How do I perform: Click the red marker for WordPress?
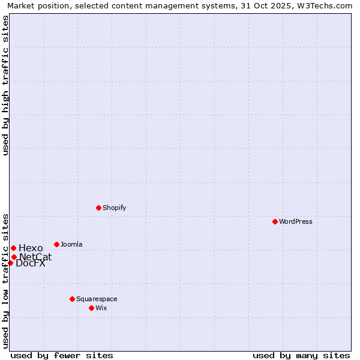pyautogui.click(x=275, y=221)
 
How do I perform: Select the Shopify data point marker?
pyautogui.click(x=98, y=208)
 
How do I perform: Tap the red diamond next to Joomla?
pyautogui.click(x=56, y=244)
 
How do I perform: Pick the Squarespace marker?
pyautogui.click(x=72, y=299)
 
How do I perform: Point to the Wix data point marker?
pyautogui.click(x=91, y=308)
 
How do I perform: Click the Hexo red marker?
pyautogui.click(x=13, y=248)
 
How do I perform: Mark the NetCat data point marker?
pyautogui.click(x=14, y=257)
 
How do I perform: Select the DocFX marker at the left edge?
pyautogui.click(x=10, y=263)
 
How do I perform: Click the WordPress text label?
pyautogui.click(x=296, y=221)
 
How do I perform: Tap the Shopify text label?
pyautogui.click(x=115, y=208)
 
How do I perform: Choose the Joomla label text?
pyautogui.click(x=71, y=244)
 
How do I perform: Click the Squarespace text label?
pyautogui.click(x=97, y=299)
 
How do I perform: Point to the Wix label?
pyautogui.click(x=101, y=308)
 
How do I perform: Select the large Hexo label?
pyautogui.click(x=31, y=248)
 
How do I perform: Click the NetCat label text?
pyautogui.click(x=35, y=257)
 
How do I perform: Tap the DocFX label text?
pyautogui.click(x=31, y=263)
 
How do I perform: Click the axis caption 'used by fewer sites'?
pyautogui.click(x=62, y=355)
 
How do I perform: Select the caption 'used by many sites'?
pyautogui.click(x=301, y=355)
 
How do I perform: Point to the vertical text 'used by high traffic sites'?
pyautogui.click(x=5, y=85)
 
